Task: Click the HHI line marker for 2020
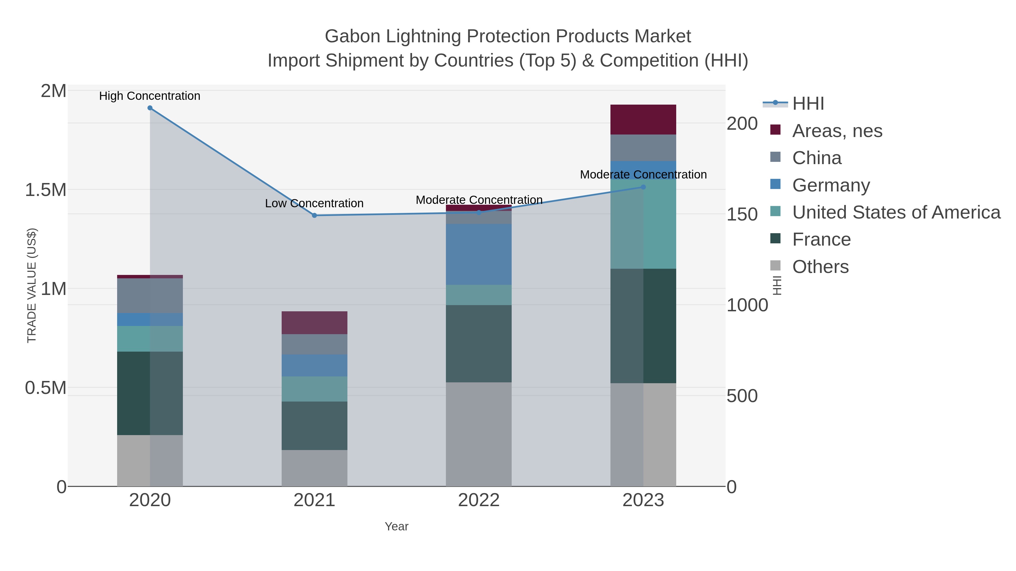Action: [x=150, y=108]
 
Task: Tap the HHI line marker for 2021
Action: [x=314, y=215]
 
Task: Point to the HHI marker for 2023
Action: [x=643, y=187]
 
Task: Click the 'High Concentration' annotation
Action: [x=150, y=96]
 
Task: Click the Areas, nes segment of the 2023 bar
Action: [x=643, y=120]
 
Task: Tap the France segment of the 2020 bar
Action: [x=150, y=393]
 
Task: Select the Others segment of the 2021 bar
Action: [x=314, y=468]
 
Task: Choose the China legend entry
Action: [x=816, y=158]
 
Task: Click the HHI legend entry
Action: [x=808, y=104]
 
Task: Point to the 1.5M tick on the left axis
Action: [x=46, y=190]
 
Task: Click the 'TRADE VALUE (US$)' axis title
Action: [x=32, y=286]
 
